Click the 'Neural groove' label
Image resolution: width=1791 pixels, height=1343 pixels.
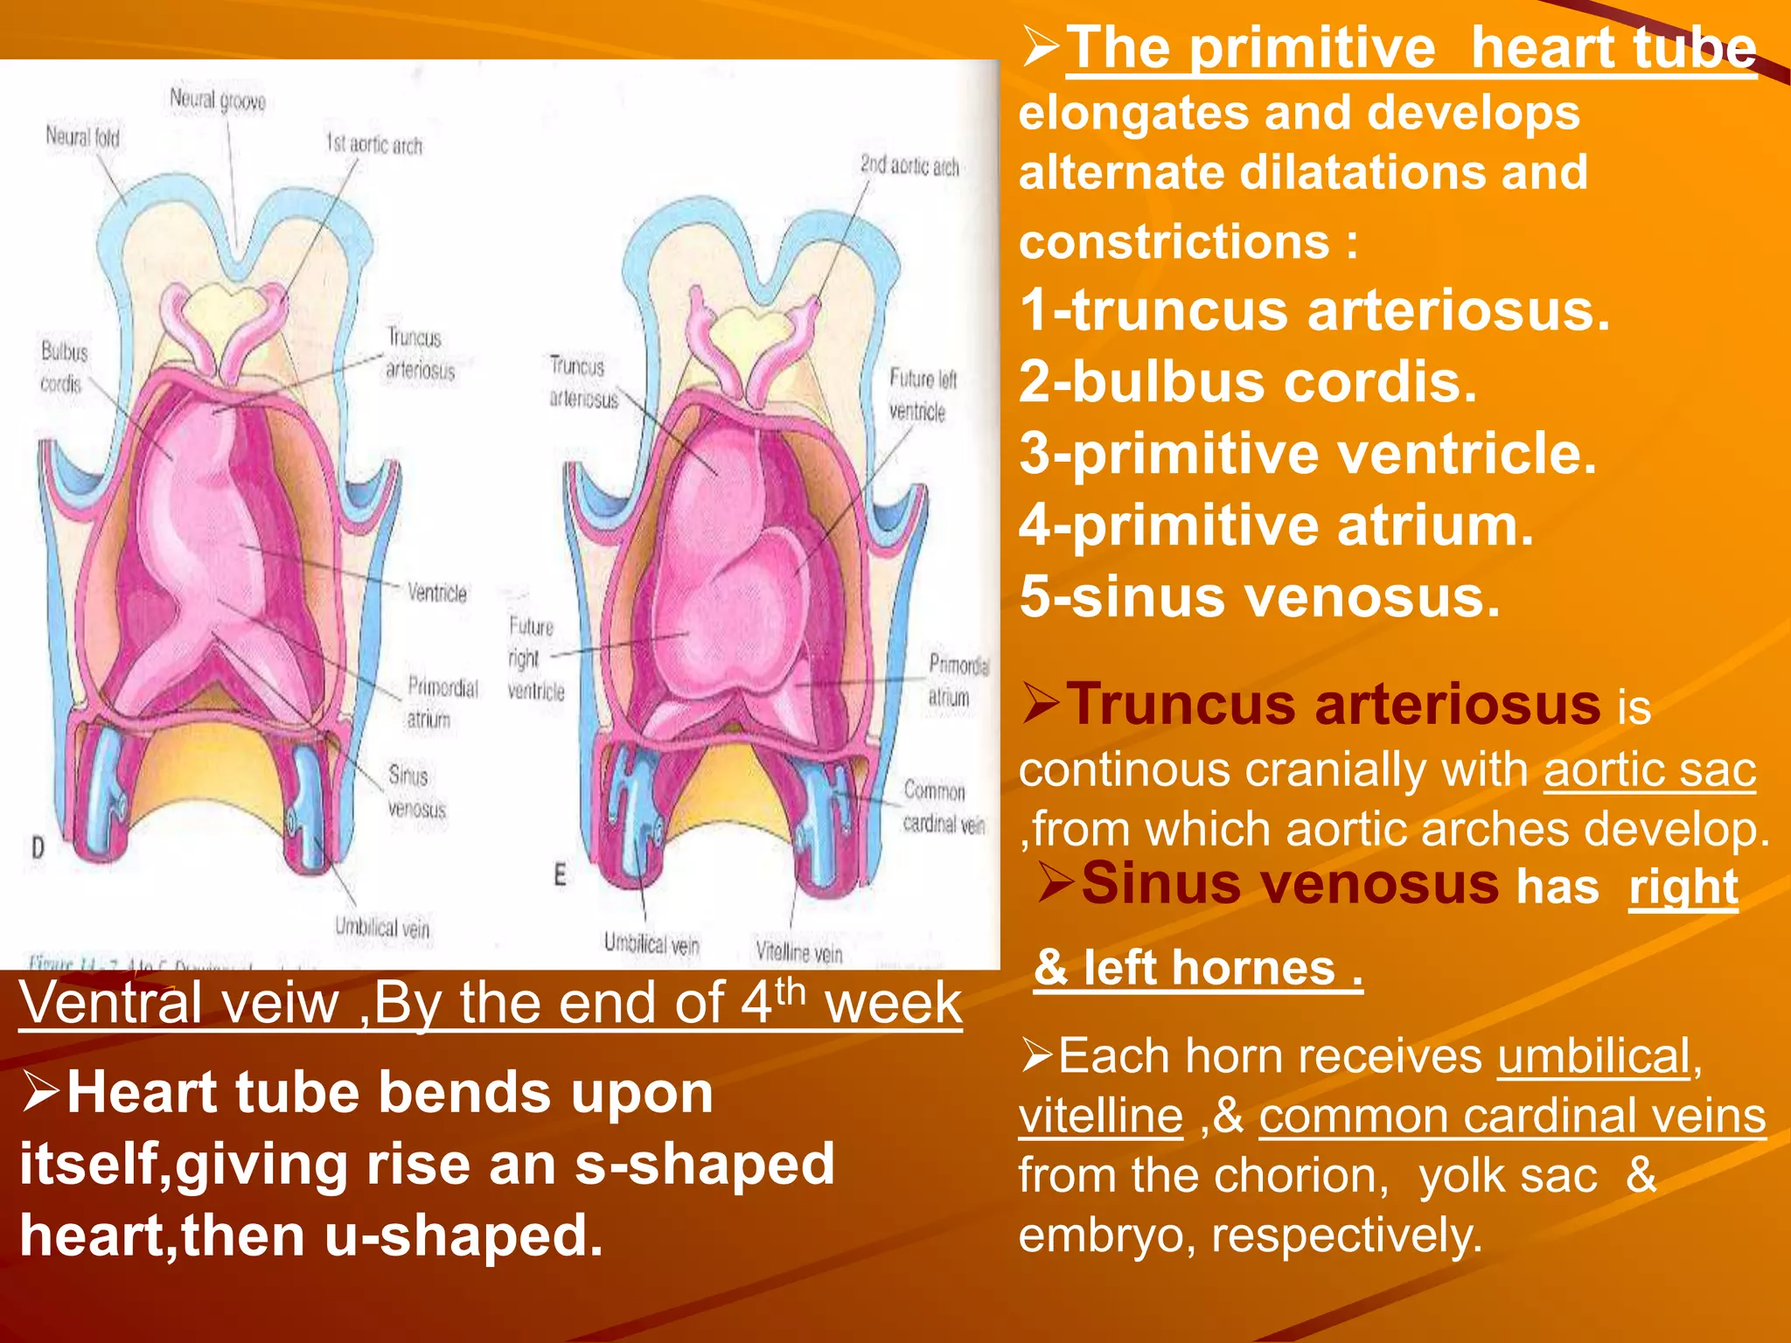click(217, 101)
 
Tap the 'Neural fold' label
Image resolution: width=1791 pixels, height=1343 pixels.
click(82, 137)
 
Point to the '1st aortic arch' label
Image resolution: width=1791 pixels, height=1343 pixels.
click(373, 144)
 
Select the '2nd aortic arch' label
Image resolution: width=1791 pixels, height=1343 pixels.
click(909, 165)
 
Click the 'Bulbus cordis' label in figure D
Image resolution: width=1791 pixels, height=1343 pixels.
click(63, 367)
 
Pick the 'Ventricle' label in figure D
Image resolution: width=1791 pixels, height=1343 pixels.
click(436, 593)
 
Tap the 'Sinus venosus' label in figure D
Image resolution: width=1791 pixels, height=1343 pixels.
click(416, 791)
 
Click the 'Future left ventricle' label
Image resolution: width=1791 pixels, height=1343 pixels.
click(922, 394)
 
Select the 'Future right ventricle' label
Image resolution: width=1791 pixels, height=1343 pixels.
click(534, 658)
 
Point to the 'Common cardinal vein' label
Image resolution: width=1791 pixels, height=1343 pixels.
click(943, 806)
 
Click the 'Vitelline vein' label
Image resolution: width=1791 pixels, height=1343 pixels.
click(798, 951)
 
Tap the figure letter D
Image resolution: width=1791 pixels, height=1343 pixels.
click(38, 846)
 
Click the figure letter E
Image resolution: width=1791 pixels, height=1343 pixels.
click(560, 874)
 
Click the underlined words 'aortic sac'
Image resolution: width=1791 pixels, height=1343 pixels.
click(1649, 770)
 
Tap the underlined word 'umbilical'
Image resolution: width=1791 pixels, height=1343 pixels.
click(1593, 1056)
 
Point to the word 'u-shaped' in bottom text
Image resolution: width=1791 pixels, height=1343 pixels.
click(463, 1235)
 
